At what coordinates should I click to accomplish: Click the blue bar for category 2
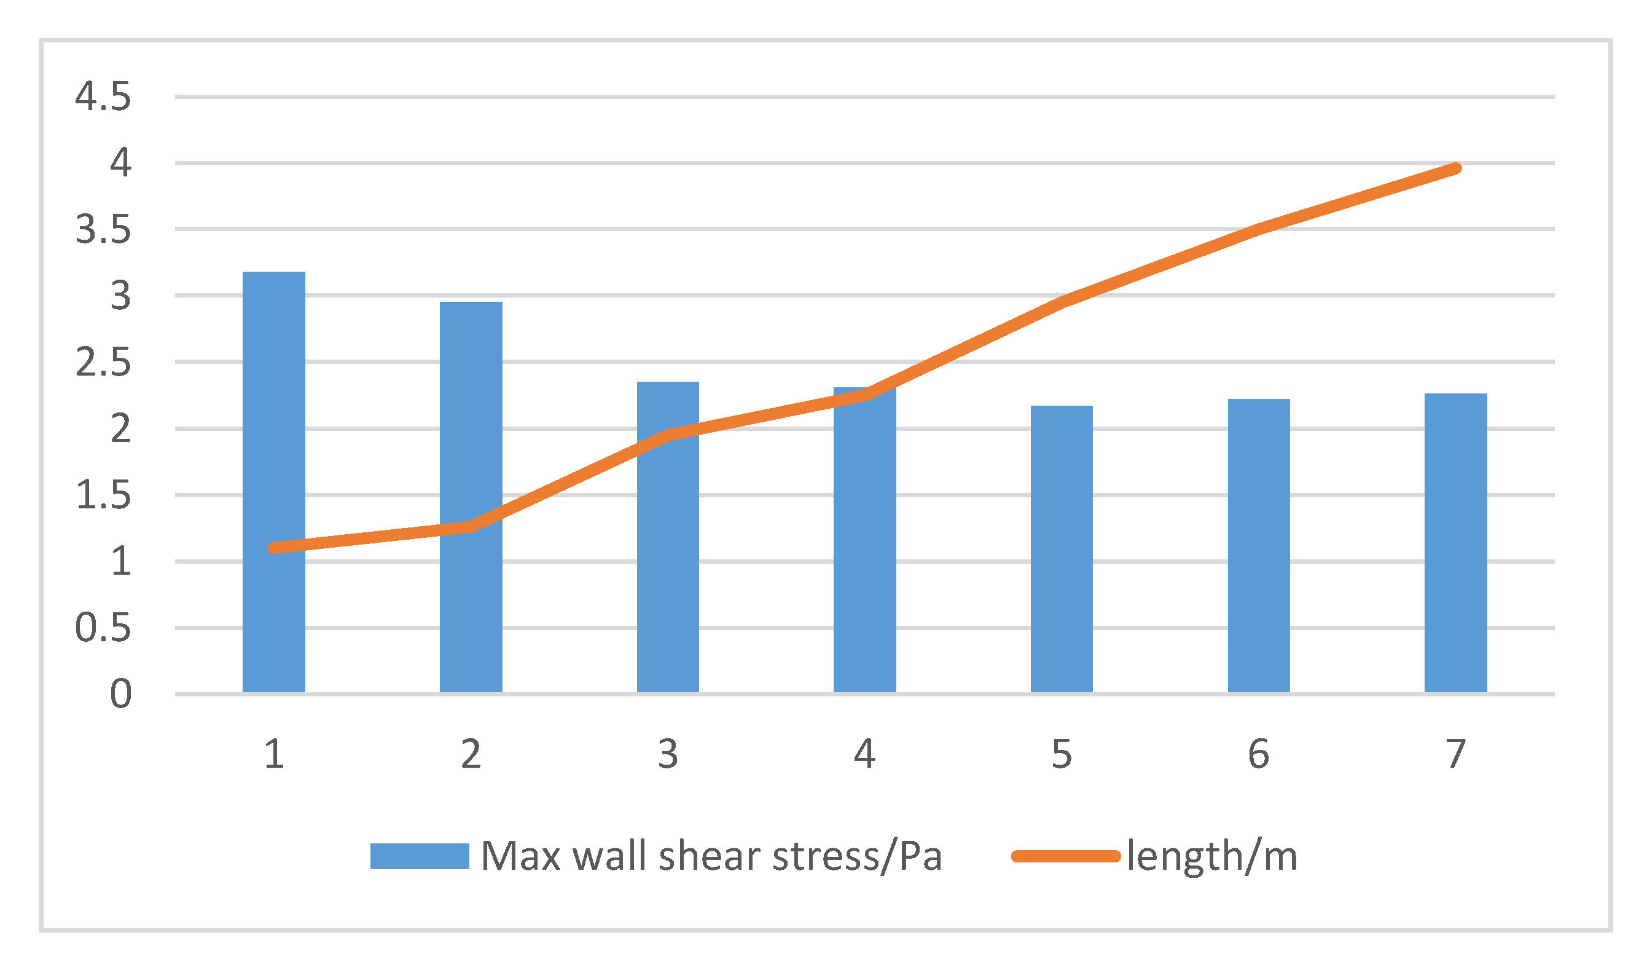[x=471, y=497]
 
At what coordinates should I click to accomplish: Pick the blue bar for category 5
[x=1062, y=550]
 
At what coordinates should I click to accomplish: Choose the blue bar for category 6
[x=1259, y=546]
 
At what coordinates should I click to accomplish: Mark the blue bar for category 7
[x=1455, y=543]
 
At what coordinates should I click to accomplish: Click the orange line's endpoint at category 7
[x=1456, y=168]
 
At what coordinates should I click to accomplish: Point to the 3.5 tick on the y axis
[x=103, y=230]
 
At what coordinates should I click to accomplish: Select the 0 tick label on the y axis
[x=121, y=694]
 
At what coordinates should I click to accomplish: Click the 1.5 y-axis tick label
[x=103, y=495]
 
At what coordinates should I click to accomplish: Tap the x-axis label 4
[x=865, y=754]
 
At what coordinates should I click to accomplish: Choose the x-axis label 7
[x=1455, y=754]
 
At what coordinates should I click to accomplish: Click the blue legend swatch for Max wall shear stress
[x=419, y=856]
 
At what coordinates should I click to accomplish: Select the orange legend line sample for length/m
[x=1066, y=856]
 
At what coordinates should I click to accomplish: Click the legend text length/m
[x=1211, y=856]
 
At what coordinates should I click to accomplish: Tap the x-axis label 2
[x=471, y=754]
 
